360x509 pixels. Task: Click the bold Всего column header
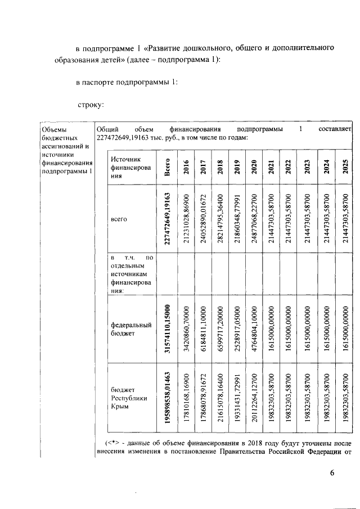click(167, 167)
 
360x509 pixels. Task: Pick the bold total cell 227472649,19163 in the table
click(167, 218)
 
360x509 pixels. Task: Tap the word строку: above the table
click(89, 104)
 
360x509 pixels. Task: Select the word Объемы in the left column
click(55, 129)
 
